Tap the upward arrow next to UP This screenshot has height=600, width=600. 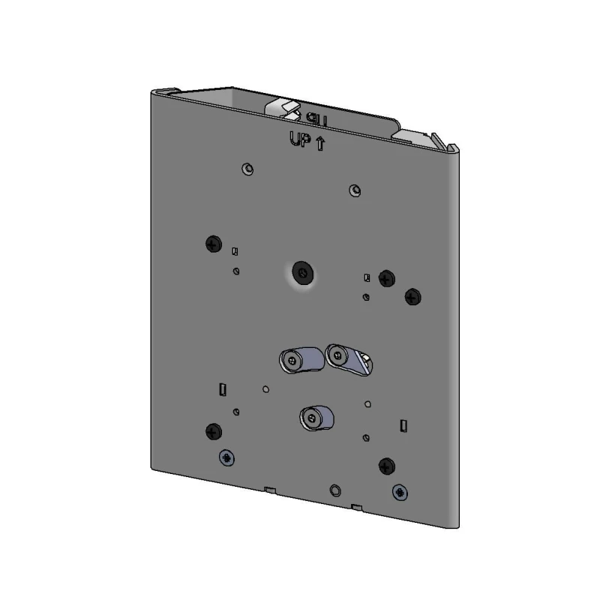click(x=320, y=142)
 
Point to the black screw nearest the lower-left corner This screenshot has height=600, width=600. click(x=213, y=430)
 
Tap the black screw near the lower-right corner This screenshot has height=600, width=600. click(x=387, y=465)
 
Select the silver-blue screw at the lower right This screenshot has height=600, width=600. click(x=401, y=492)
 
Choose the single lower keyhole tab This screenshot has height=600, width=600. click(x=316, y=417)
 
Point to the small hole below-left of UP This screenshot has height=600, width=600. click(x=248, y=169)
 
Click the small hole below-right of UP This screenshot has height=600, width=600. click(x=355, y=189)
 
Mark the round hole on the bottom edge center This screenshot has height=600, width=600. click(x=335, y=490)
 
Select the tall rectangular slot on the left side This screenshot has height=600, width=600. click(x=222, y=388)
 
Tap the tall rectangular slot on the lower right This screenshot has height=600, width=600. click(x=403, y=425)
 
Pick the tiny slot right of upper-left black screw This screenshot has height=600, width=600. click(x=235, y=251)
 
